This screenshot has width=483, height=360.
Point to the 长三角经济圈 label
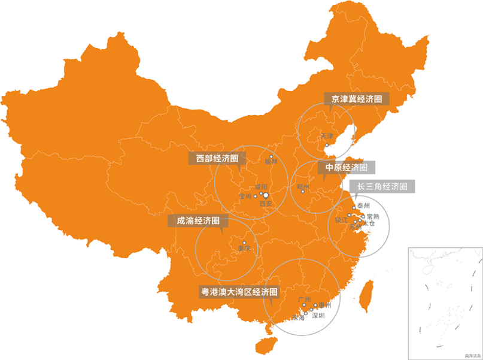tap(382, 186)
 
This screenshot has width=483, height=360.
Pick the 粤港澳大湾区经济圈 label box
tap(239, 292)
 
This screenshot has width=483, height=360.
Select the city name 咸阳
tap(261, 187)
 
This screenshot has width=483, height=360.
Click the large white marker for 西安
tap(266, 195)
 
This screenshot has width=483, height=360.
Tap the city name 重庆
tap(244, 248)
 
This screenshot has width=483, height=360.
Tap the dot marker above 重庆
tap(244, 242)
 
